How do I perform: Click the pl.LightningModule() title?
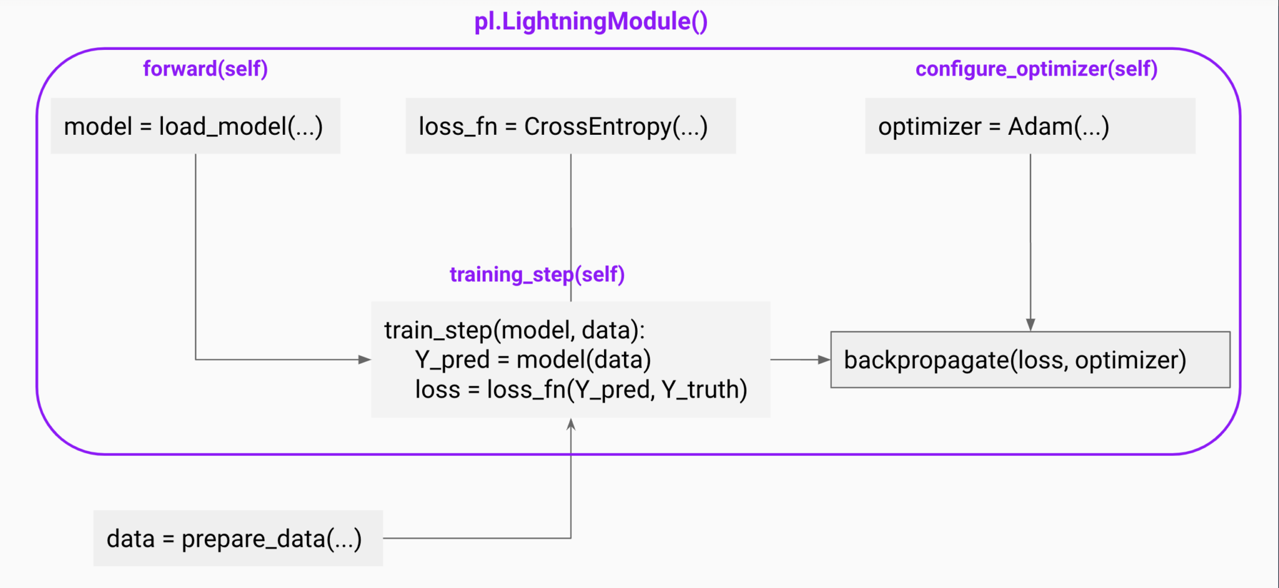(x=591, y=21)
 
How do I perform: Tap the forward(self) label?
(x=205, y=68)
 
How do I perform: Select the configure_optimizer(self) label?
(x=1036, y=68)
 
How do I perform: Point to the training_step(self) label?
(x=537, y=274)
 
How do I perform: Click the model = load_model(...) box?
(x=195, y=126)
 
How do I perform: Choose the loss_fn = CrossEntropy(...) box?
(x=570, y=126)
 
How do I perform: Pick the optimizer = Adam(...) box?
(x=1030, y=126)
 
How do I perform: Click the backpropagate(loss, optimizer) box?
(x=1030, y=360)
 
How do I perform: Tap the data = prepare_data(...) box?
(x=238, y=538)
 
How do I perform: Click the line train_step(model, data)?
(x=514, y=330)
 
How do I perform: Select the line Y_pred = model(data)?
(x=533, y=360)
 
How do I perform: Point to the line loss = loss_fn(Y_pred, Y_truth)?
(x=581, y=390)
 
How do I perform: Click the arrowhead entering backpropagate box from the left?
(x=824, y=360)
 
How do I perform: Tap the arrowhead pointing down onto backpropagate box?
(x=1030, y=325)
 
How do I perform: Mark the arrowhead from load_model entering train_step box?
(x=364, y=360)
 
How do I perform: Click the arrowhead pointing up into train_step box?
(x=571, y=424)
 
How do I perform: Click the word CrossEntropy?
(x=597, y=126)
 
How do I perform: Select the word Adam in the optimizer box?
(x=1040, y=126)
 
